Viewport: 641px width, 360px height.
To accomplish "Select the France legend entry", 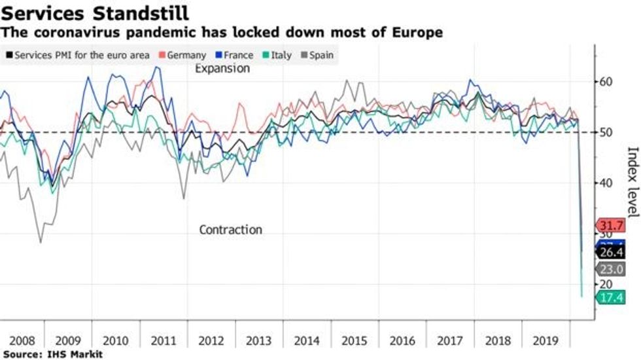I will [234, 56].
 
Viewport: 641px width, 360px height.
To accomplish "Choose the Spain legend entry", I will [317, 56].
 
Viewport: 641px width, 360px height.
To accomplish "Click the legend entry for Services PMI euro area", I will [77, 56].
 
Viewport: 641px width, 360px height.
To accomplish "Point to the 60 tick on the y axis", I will [608, 82].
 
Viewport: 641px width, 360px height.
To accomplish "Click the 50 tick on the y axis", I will [608, 133].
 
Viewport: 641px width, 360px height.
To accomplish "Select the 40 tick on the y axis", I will [608, 183].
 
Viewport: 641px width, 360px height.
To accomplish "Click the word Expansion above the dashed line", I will [222, 69].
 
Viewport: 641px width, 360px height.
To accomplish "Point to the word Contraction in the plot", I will [230, 230].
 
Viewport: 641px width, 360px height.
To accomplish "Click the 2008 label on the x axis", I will [22, 341].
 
